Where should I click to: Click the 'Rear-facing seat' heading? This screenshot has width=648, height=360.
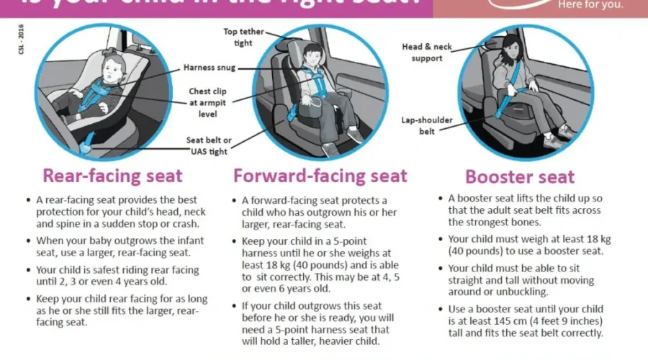113,176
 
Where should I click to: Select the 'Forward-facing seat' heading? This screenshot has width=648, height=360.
320,176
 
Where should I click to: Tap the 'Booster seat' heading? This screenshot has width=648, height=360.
520,177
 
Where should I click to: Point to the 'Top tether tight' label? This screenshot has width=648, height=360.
243,37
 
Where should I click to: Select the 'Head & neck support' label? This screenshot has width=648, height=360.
427,53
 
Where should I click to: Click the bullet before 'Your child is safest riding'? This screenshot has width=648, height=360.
29,270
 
